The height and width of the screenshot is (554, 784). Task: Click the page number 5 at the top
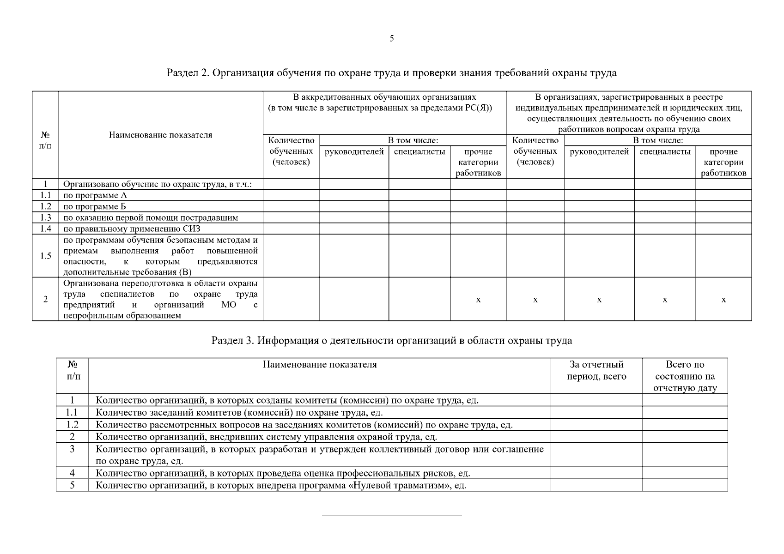[391, 39]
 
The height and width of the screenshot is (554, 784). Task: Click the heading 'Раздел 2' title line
[391, 73]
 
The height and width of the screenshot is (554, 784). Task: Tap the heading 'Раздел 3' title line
[391, 341]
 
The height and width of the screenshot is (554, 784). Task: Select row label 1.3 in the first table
[45, 217]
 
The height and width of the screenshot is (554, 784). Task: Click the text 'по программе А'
[95, 195]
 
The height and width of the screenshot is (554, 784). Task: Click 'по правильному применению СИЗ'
[132, 229]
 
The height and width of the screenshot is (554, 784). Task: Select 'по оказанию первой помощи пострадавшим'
[151, 217]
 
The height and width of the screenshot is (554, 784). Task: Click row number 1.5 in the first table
[45, 256]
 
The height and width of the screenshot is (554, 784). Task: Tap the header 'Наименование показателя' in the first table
[160, 135]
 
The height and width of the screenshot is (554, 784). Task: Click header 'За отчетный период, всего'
[596, 371]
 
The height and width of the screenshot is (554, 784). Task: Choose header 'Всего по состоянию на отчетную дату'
[685, 376]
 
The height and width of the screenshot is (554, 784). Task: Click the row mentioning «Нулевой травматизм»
[281, 485]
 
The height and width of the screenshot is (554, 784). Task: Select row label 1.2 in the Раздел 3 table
[72, 425]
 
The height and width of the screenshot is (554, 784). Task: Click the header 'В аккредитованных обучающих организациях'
[384, 102]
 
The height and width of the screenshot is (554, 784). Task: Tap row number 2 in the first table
[45, 299]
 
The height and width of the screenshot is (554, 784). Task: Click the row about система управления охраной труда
[266, 437]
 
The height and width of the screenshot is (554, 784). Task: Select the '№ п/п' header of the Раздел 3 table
[72, 370]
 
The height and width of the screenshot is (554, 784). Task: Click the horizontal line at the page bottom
[391, 515]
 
